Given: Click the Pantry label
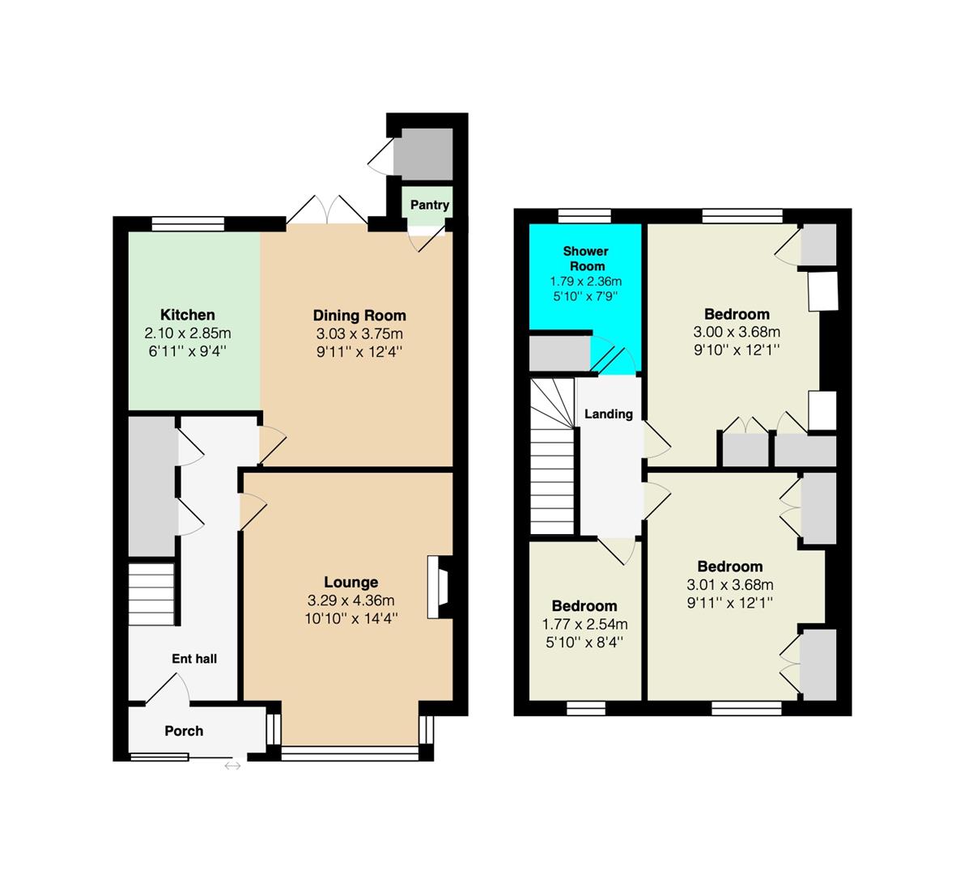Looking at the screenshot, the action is click(x=430, y=205).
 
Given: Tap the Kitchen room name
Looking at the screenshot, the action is click(x=188, y=315).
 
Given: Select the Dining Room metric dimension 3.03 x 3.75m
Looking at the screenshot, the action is click(x=359, y=333).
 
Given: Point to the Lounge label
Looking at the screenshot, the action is click(x=351, y=582).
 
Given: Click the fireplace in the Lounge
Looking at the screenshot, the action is click(x=440, y=587).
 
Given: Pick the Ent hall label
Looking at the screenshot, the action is click(x=194, y=659).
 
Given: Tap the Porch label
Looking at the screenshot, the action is click(x=184, y=731).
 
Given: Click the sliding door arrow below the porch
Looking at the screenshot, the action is click(x=232, y=766).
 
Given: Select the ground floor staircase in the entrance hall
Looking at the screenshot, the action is click(x=152, y=594).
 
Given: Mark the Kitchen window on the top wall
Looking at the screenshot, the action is click(x=188, y=223).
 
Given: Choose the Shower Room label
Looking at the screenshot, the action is click(x=586, y=259).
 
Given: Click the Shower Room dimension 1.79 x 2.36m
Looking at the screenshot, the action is click(x=586, y=282).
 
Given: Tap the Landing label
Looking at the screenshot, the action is click(x=609, y=414).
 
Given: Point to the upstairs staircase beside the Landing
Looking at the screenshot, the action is click(x=553, y=456).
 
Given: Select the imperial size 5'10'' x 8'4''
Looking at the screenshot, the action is click(x=584, y=643).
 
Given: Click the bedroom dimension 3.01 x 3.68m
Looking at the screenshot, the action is click(x=730, y=584).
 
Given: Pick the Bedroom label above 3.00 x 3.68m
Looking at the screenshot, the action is click(x=737, y=314).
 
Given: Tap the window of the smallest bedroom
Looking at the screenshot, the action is click(x=586, y=709).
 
